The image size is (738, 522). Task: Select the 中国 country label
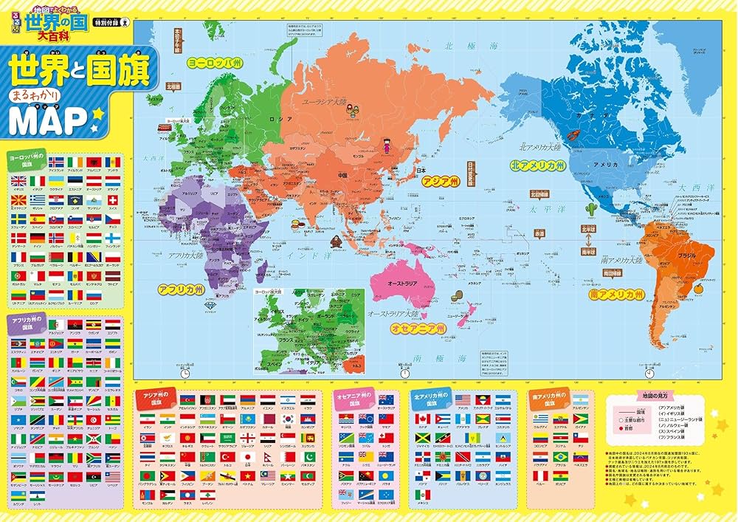pos(342,176)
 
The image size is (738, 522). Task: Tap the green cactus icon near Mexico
pos(590,210)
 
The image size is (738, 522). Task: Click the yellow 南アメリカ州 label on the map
pos(616,294)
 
